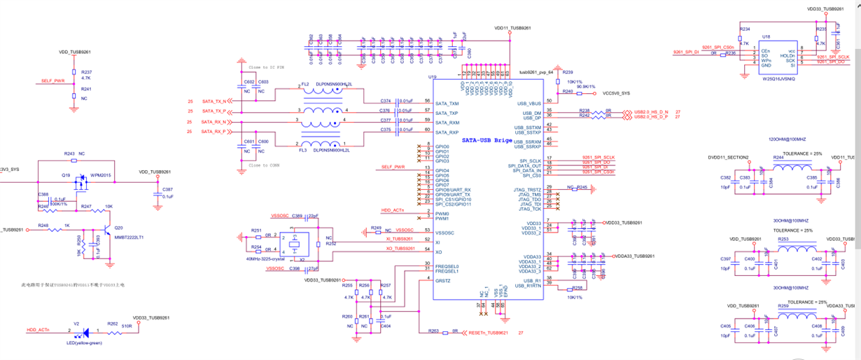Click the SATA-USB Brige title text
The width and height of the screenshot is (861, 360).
(x=487, y=140)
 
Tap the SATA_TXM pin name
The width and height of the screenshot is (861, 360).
(x=447, y=104)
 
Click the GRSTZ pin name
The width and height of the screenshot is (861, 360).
(x=442, y=281)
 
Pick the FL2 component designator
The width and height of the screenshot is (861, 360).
(x=305, y=84)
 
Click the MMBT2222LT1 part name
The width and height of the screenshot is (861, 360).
(x=129, y=237)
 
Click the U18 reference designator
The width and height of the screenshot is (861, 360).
(x=766, y=36)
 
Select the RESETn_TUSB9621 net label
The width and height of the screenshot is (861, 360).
(x=488, y=332)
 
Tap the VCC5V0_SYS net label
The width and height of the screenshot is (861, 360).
(x=616, y=93)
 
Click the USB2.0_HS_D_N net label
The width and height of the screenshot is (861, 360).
(x=651, y=111)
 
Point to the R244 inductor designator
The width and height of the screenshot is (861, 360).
(x=778, y=158)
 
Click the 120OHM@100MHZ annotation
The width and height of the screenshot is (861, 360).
(x=787, y=139)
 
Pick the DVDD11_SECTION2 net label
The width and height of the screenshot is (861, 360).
(x=728, y=158)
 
